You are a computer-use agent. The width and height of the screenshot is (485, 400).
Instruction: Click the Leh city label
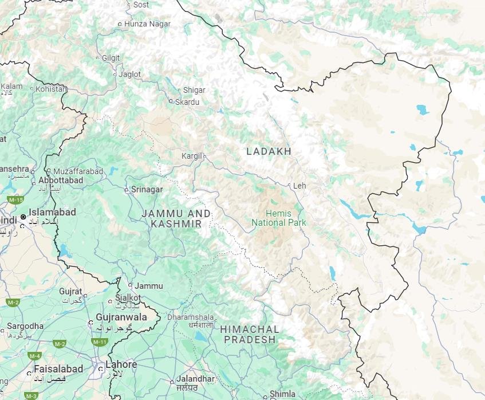click(x=299, y=186)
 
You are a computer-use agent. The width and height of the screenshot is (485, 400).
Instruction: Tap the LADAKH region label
click(x=269, y=151)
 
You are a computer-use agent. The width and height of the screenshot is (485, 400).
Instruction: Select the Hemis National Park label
click(x=279, y=218)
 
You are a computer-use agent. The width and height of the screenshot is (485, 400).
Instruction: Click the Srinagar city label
click(x=147, y=189)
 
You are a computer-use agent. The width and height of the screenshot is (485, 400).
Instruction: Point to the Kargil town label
click(x=192, y=156)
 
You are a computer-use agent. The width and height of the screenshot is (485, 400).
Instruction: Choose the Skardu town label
click(x=187, y=102)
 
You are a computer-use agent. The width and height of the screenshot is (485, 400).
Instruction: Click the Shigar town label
click(x=194, y=90)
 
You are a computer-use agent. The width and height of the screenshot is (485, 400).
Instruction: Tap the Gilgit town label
click(x=111, y=58)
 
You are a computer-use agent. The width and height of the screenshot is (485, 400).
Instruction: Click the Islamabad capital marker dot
click(x=23, y=217)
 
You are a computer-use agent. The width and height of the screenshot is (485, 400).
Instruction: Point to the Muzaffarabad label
click(x=78, y=171)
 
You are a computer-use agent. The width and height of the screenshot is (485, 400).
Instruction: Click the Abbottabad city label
click(x=61, y=180)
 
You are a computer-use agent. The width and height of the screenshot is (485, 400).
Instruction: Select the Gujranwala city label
click(x=121, y=317)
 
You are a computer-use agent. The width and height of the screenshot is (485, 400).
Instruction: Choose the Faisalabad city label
click(x=58, y=368)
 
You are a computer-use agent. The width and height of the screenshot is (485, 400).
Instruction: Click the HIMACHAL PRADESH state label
click(x=249, y=334)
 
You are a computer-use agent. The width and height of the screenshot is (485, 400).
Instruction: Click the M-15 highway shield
click(x=15, y=199)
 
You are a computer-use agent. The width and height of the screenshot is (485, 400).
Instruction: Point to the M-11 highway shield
click(x=100, y=342)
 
